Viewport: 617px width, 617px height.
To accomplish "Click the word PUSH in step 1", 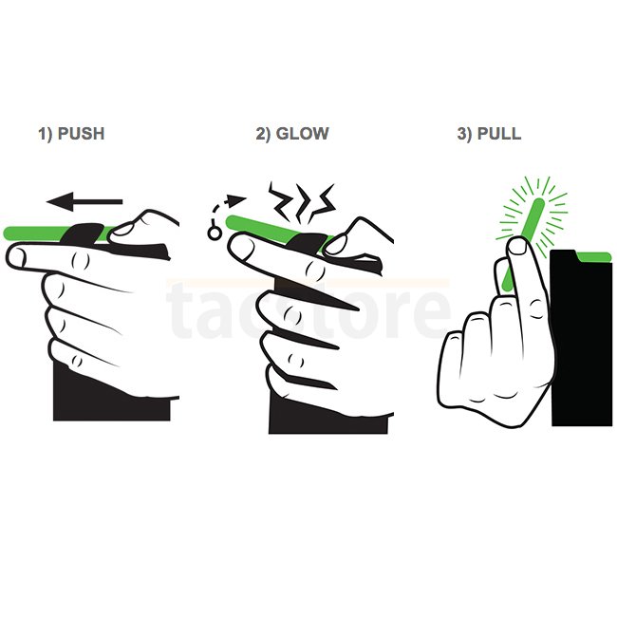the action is point(81,134).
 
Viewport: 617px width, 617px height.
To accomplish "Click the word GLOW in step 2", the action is point(302,134).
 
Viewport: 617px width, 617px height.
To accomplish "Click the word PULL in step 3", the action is point(499,134).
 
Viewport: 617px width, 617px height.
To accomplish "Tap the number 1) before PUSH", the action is point(46,134).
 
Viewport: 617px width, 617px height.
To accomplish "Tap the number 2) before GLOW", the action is point(263,134).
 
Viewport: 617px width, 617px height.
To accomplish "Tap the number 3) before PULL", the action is point(464,134).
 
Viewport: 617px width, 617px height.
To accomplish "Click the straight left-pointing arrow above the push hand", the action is point(84,202).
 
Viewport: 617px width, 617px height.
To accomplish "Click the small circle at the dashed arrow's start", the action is point(215,234).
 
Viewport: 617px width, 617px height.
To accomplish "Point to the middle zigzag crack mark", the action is point(304,202).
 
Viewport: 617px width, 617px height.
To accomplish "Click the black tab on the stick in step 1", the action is point(84,234).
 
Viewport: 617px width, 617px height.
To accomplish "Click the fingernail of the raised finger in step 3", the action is point(518,247).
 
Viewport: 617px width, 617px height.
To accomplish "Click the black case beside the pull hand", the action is point(581,339).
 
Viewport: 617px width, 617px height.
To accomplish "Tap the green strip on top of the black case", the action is point(594,257).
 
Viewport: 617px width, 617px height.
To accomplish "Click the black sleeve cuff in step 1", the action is point(112,398).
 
